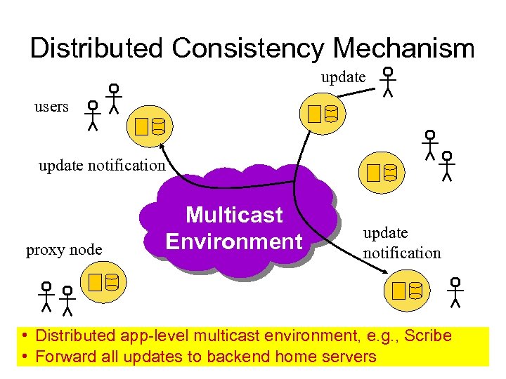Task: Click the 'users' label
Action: tap(51, 107)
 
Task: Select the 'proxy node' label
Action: tap(64, 250)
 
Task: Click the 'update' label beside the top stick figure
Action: tap(344, 77)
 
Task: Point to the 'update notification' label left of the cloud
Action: tap(102, 166)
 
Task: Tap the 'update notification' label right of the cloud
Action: tap(401, 243)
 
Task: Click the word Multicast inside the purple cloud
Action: tap(234, 215)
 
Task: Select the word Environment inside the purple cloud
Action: tap(234, 241)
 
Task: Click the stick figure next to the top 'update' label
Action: tap(387, 82)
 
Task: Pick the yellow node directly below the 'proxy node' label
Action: tap(103, 283)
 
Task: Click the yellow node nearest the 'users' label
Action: tap(150, 126)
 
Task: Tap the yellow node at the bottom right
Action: tap(408, 290)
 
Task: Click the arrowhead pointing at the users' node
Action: tap(162, 146)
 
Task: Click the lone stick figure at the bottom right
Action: tap(455, 292)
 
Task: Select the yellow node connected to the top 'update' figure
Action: tap(323, 113)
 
